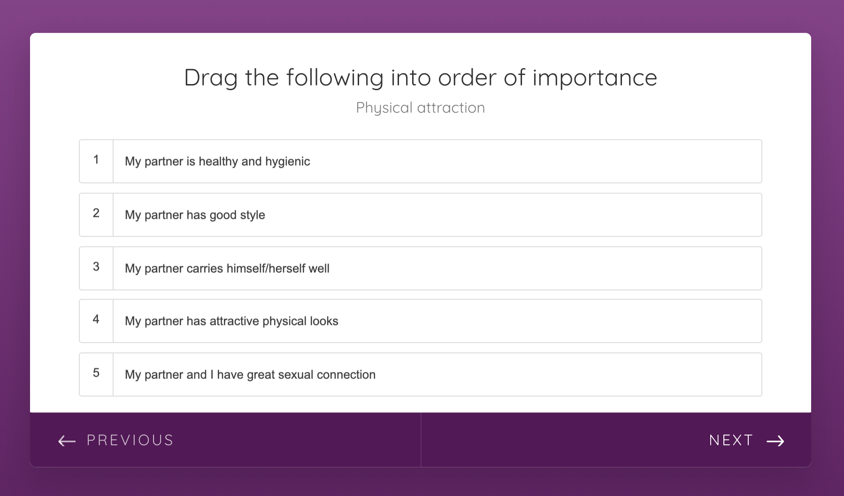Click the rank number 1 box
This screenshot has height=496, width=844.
[96, 161]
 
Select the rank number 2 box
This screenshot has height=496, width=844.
[96, 215]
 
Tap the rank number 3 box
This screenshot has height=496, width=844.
[96, 268]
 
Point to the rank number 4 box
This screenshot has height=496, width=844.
[96, 321]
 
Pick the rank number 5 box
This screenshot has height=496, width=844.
[96, 374]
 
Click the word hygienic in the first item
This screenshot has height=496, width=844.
[287, 162]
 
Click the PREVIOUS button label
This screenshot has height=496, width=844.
[130, 440]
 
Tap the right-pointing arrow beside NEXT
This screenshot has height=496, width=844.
[775, 441]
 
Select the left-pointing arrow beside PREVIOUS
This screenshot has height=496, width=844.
[67, 441]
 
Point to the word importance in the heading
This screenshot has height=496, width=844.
[595, 78]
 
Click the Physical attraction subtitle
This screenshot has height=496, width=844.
[421, 108]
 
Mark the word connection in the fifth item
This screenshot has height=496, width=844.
[346, 374]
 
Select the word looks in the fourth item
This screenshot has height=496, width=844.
[324, 321]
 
